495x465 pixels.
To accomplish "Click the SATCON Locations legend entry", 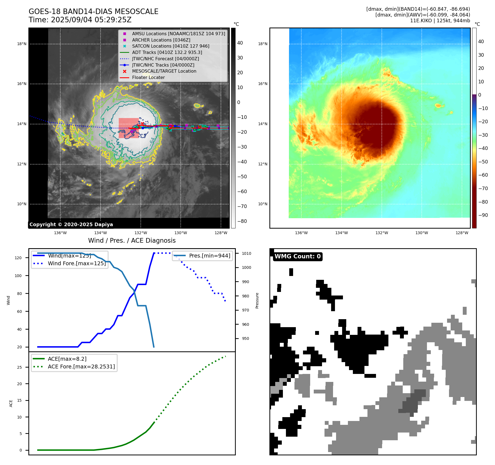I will pyautogui.click(x=171, y=46).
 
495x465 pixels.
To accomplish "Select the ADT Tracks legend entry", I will pyautogui.click(x=167, y=52).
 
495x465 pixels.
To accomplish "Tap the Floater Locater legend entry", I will pyautogui.click(x=148, y=78).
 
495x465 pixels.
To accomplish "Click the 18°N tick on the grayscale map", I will pyautogui.click(x=22, y=44).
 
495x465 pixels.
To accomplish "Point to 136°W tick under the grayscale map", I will pyautogui.click(x=60, y=233).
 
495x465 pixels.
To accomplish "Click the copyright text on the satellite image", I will pyautogui.click(x=71, y=225).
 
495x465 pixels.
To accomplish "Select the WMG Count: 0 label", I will pyautogui.click(x=297, y=256).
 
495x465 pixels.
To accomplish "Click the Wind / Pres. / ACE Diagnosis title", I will pyautogui.click(x=132, y=240).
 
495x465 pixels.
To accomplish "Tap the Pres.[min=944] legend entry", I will pyautogui.click(x=209, y=256).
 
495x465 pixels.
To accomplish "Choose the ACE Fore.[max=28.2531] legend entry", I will pyautogui.click(x=81, y=366).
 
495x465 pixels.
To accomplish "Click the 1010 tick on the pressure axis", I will pyautogui.click(x=247, y=253).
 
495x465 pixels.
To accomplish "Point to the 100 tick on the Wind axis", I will pyautogui.click(x=18, y=276).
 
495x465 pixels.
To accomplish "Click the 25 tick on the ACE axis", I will pyautogui.click(x=19, y=367).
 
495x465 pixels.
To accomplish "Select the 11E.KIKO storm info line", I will pyautogui.click(x=440, y=21).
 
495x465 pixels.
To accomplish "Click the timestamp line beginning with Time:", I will pyautogui.click(x=80, y=20).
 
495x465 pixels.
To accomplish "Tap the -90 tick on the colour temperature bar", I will pyautogui.click(x=483, y=215).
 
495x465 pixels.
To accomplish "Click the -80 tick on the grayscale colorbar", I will pyautogui.click(x=242, y=221).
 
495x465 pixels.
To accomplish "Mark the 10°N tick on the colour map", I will pyautogui.click(x=263, y=204).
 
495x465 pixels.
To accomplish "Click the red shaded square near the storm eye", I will pyautogui.click(x=129, y=128).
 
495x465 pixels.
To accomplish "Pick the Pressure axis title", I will pyautogui.click(x=257, y=300).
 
